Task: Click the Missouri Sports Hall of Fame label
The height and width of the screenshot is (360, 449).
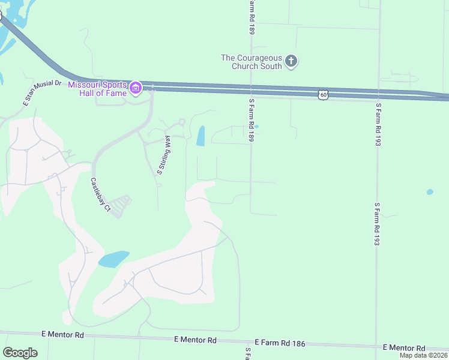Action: click(x=97, y=88)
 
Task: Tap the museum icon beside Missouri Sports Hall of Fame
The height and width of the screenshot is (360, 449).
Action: click(x=136, y=89)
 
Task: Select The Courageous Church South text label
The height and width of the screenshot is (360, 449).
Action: click(x=252, y=62)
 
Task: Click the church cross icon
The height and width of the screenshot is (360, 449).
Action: click(x=291, y=61)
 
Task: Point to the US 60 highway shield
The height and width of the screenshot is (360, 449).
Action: click(x=324, y=95)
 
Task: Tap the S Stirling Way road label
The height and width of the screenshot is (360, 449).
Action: click(x=164, y=155)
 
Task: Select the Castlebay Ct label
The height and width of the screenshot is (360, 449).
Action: click(x=100, y=195)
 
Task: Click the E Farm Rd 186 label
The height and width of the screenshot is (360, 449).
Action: click(x=280, y=343)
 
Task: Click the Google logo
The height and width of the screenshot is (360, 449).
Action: click(x=20, y=353)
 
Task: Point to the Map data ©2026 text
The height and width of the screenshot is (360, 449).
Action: click(x=424, y=355)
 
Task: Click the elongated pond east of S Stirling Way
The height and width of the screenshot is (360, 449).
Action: click(x=200, y=136)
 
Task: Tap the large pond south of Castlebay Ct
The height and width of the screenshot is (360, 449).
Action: click(x=113, y=259)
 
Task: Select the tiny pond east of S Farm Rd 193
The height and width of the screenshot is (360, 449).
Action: click(x=430, y=193)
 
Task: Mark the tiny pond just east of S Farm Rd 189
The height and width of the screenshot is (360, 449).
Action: click(x=256, y=127)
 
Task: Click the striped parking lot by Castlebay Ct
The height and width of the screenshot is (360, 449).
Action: click(x=121, y=205)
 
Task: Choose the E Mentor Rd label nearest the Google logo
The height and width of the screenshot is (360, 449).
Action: click(x=63, y=334)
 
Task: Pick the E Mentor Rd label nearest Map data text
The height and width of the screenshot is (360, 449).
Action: click(x=404, y=348)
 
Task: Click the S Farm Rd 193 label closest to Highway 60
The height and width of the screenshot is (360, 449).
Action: click(x=378, y=125)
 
